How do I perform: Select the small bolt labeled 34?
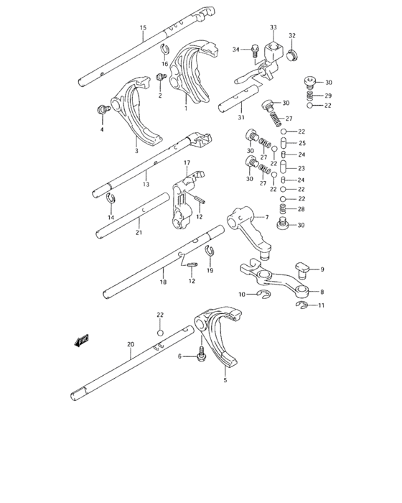coord(254,50)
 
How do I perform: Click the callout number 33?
coord(274,27)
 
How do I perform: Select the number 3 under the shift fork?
coord(136,152)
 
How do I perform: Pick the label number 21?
coord(138,232)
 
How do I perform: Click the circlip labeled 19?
coord(210,250)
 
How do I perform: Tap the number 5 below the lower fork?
coord(225,380)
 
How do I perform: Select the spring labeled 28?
coord(284,210)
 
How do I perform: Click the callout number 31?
coord(240,118)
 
